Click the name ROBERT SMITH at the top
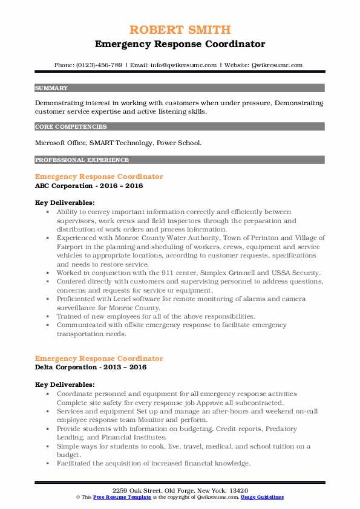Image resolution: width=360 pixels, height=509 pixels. [180, 30]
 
